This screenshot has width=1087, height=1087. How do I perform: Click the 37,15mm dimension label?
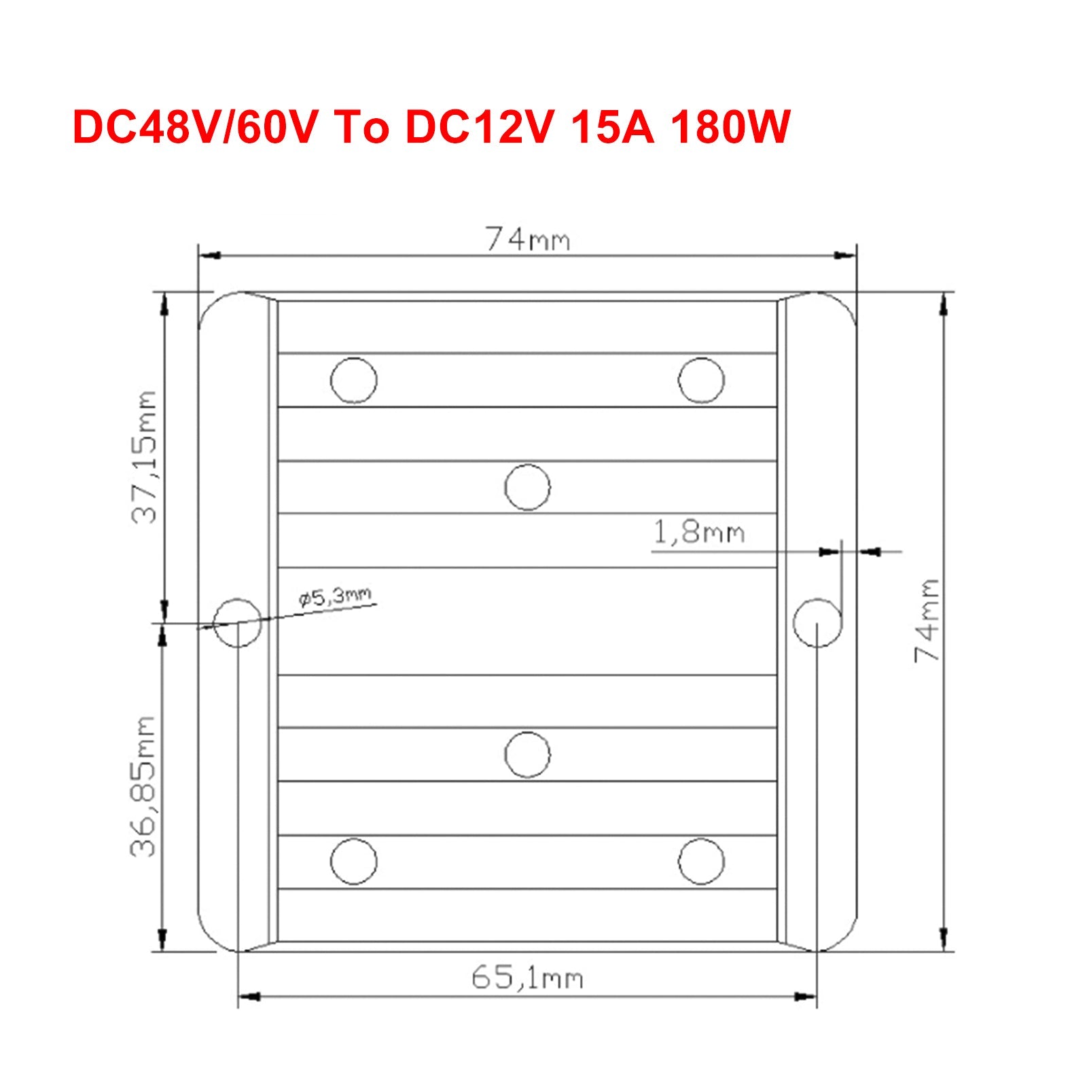[x=144, y=457]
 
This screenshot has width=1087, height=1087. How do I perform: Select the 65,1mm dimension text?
[x=527, y=978]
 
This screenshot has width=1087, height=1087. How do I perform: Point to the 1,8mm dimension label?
[x=698, y=532]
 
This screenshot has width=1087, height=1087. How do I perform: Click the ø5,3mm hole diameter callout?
[x=335, y=597]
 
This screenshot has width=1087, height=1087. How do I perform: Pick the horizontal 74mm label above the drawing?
[x=527, y=240]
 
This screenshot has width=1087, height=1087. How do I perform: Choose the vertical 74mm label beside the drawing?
[x=927, y=620]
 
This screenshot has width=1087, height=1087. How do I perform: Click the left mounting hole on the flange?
[x=237, y=622]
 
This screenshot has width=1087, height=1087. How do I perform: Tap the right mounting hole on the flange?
[x=817, y=622]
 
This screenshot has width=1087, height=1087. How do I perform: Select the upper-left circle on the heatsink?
[x=353, y=380]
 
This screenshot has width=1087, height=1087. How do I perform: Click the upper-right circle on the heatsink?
[x=701, y=380]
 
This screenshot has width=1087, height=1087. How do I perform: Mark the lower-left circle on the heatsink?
[x=353, y=861]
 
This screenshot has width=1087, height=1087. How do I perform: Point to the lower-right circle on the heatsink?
[x=701, y=861]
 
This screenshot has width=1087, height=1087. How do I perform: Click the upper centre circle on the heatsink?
[x=528, y=487]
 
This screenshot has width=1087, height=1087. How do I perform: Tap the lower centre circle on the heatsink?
[x=528, y=754]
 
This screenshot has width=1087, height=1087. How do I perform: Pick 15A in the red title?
[x=613, y=127]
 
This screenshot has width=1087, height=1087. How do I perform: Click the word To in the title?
[x=361, y=127]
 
